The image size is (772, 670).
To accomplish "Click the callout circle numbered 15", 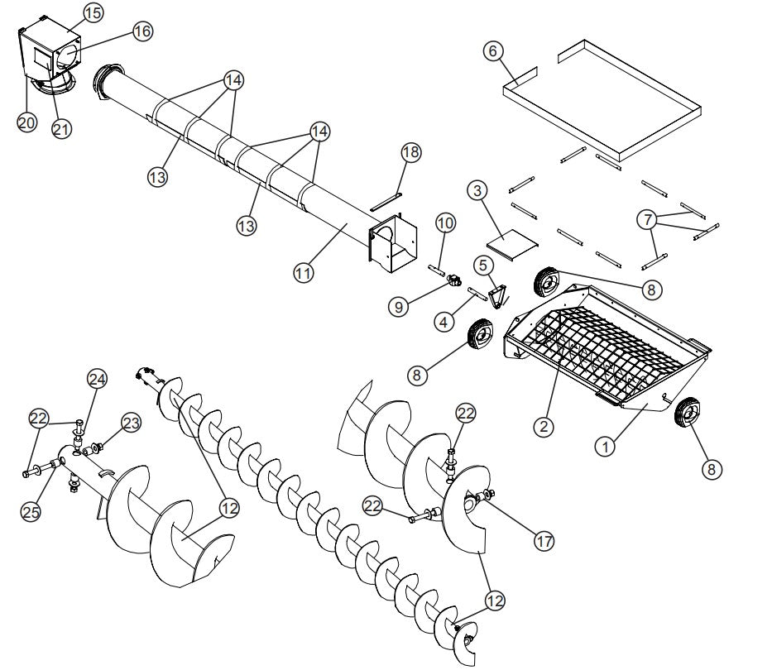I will point(93,12).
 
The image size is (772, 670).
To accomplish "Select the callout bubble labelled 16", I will point(141,31).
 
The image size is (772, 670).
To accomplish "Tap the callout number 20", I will point(26,122).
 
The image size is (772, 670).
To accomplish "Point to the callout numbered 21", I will point(61,128).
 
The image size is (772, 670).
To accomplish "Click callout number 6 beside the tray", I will point(492,50).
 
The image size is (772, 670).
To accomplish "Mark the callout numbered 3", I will point(476,190).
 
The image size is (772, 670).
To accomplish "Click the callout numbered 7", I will point(649,220).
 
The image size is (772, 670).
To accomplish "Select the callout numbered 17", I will point(543,540).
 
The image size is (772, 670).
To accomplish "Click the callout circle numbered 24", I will point(98,380).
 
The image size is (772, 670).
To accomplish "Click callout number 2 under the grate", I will point(543,427).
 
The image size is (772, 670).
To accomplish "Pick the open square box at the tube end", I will point(391,242).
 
